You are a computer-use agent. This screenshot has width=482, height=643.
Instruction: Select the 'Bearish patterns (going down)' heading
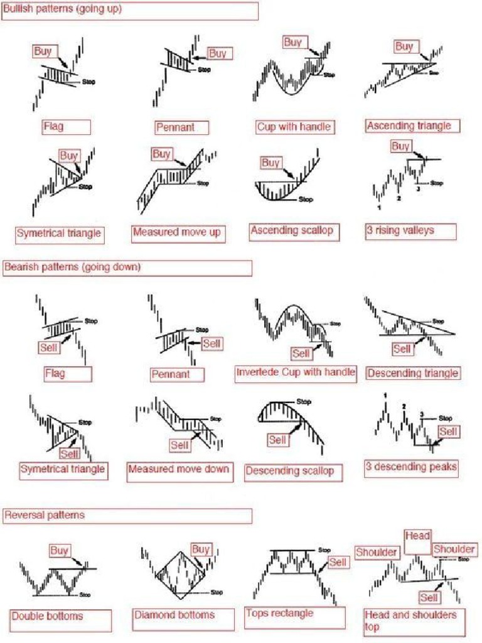click(x=72, y=267)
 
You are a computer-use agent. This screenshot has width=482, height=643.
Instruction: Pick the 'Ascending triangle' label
click(x=409, y=126)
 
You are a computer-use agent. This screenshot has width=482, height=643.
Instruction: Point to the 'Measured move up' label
click(x=177, y=233)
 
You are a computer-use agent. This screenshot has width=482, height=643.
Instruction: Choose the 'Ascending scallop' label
click(x=292, y=231)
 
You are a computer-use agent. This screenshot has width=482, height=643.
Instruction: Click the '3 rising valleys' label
click(x=400, y=230)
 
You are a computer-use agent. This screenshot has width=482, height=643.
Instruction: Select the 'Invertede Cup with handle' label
click(x=295, y=372)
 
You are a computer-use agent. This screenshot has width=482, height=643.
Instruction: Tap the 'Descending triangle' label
click(x=412, y=374)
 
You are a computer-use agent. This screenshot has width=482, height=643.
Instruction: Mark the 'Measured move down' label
click(x=178, y=469)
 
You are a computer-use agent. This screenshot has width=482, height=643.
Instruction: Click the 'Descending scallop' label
click(x=289, y=470)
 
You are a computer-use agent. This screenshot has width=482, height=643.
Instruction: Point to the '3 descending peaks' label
click(x=411, y=467)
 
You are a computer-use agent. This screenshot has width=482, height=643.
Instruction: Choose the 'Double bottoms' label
click(x=47, y=616)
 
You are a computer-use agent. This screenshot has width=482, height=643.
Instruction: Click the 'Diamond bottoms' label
click(x=174, y=615)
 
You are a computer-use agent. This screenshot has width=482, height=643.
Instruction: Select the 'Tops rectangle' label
click(x=280, y=613)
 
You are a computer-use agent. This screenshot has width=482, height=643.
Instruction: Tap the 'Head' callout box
click(x=417, y=536)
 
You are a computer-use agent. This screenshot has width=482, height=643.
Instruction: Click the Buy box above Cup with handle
click(x=292, y=43)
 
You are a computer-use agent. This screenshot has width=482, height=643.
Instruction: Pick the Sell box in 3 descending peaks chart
click(x=448, y=432)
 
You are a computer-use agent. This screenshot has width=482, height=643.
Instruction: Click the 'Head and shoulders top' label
click(x=410, y=620)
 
